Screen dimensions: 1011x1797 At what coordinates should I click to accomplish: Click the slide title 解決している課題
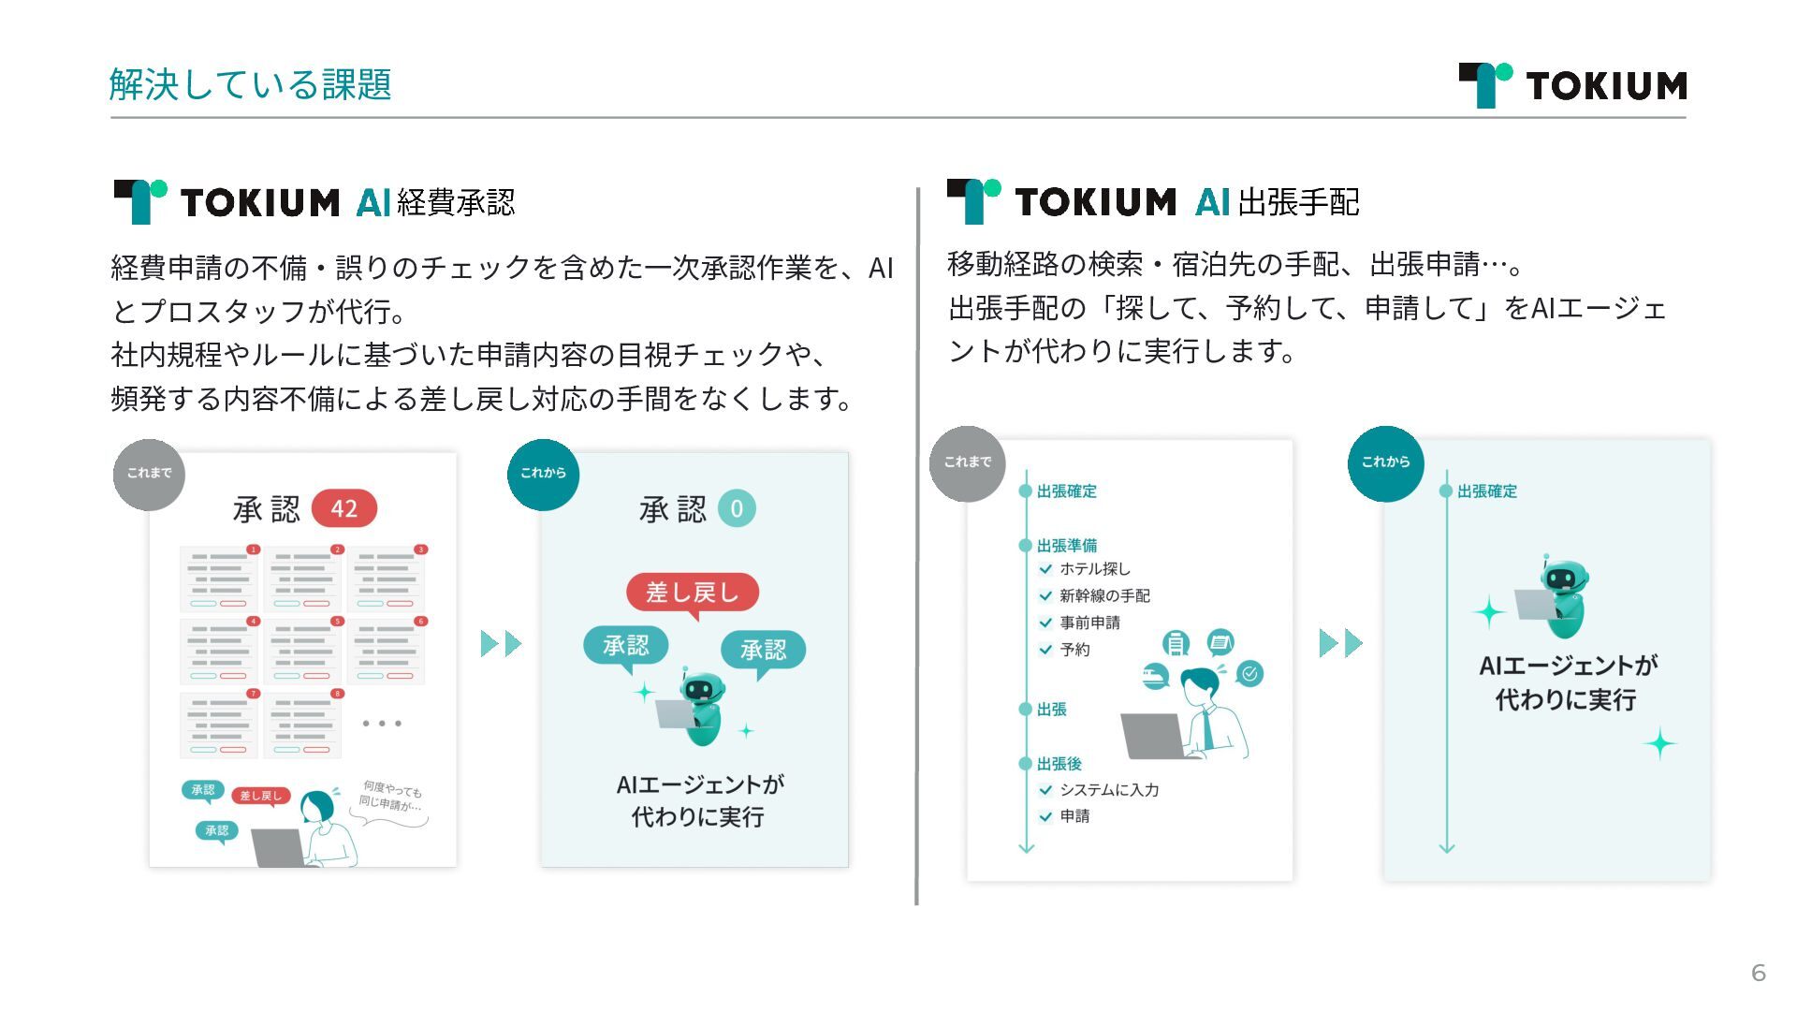pyautogui.click(x=250, y=84)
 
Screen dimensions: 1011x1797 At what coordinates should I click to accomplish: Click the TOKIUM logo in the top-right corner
pyautogui.click(x=1572, y=85)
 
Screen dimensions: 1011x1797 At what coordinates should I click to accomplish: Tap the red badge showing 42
pyautogui.click(x=343, y=508)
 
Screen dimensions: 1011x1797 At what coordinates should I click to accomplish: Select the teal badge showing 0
pyautogui.click(x=737, y=508)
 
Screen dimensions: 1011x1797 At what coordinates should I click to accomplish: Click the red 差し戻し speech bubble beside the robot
pyautogui.click(x=692, y=593)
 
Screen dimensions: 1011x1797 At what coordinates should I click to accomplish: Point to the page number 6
pyautogui.click(x=1758, y=973)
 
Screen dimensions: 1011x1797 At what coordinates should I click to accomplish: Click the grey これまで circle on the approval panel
pyautogui.click(x=150, y=474)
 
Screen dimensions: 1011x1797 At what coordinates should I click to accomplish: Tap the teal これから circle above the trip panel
pyautogui.click(x=1385, y=462)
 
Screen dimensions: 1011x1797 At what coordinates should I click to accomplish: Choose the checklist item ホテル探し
pyautogui.click(x=1094, y=569)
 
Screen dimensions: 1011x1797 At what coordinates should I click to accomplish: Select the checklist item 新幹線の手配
pyautogui.click(x=1103, y=595)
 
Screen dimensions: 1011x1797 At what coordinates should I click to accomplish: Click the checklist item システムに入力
pyautogui.click(x=1108, y=790)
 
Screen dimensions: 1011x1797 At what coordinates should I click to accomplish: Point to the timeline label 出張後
pyautogui.click(x=1059, y=764)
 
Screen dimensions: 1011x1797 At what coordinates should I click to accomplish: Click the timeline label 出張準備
pyautogui.click(x=1066, y=545)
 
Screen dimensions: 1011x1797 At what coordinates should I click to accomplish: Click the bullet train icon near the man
pyautogui.click(x=1156, y=675)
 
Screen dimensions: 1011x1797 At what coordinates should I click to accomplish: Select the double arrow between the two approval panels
pyautogui.click(x=501, y=644)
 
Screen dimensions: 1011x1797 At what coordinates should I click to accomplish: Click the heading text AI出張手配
pyautogui.click(x=1277, y=202)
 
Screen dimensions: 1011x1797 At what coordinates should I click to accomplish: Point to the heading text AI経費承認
pyautogui.click(x=435, y=202)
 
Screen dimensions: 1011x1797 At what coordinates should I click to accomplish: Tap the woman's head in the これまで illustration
pyautogui.click(x=318, y=805)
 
